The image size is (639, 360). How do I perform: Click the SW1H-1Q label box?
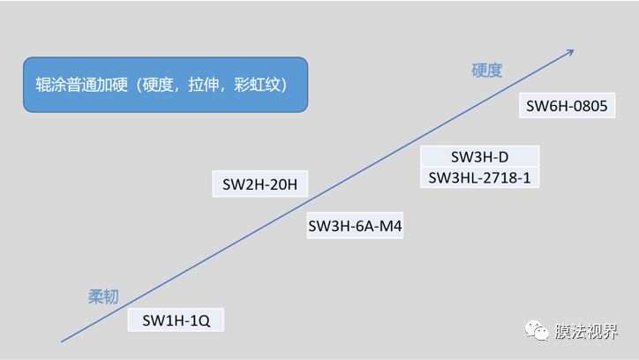tap(177, 319)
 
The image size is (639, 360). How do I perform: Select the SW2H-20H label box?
tap(259, 185)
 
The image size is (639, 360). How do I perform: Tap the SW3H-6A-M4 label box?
tap(356, 227)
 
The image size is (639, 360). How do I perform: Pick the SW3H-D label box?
tap(479, 157)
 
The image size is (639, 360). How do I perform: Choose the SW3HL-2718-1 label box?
tap(479, 177)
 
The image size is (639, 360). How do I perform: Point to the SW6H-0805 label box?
tap(567, 107)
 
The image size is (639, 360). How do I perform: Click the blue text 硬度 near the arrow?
tap(487, 71)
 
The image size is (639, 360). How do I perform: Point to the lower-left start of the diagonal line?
tap(62, 341)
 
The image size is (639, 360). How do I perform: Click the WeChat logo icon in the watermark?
tap(537, 330)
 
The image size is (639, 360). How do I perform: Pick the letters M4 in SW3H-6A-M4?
tap(391, 227)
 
